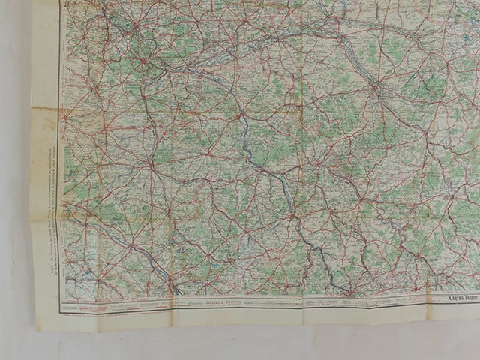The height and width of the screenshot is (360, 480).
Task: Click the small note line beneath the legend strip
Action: (x=112, y=316)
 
